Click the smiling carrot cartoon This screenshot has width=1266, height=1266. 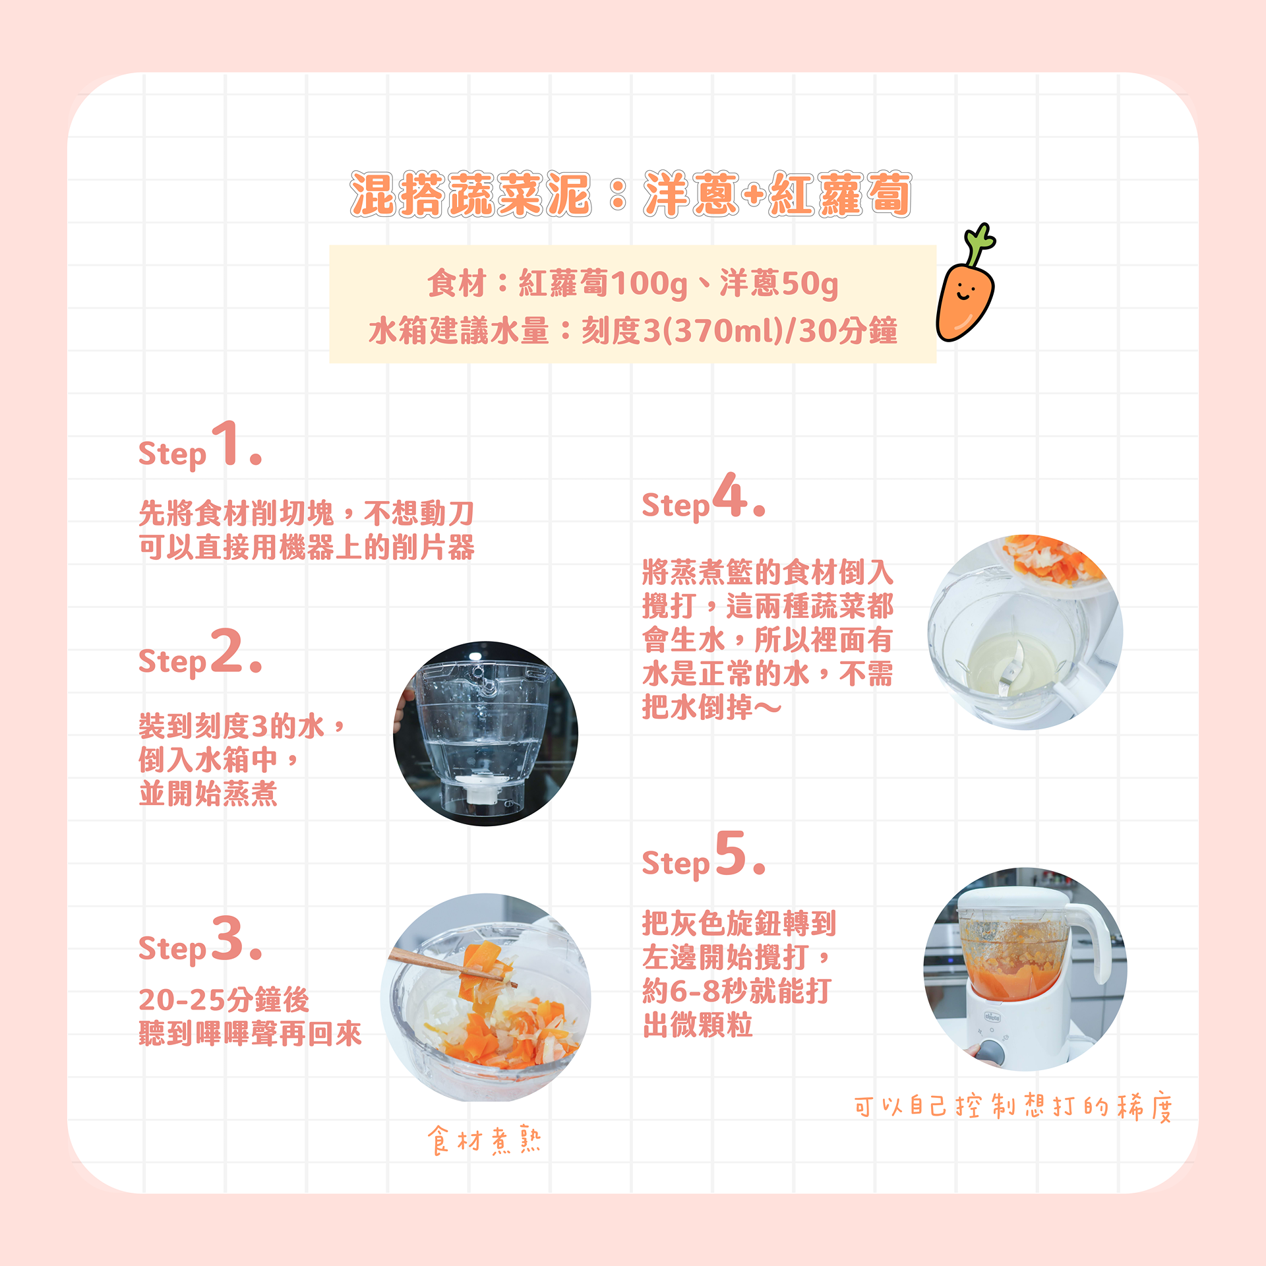coord(965,290)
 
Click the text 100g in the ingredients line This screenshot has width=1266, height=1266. coord(649,284)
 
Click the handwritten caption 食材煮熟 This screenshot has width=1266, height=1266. coord(485,1140)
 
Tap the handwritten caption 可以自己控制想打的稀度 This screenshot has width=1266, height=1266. coord(1013,1106)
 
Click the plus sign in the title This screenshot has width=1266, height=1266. coord(754,195)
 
